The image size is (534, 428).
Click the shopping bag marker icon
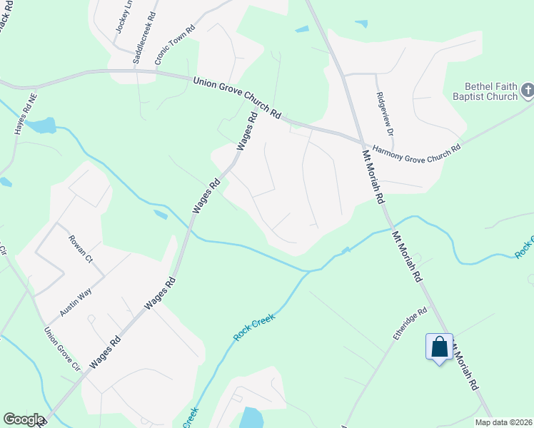pos(439,348)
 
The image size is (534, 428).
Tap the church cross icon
pos(527,91)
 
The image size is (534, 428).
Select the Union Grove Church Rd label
pos(237,98)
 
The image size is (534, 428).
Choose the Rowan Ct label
pos(81,248)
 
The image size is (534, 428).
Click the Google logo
pos(24,419)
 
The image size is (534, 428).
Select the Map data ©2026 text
pos(503,422)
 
